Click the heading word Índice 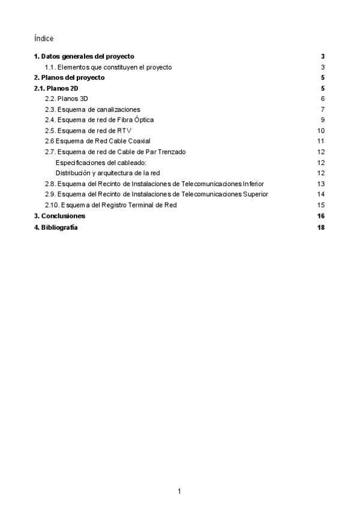pos(44,38)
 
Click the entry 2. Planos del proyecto pos(69,78)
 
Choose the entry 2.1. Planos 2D pos(56,89)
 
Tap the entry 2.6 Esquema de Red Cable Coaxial pos(97,142)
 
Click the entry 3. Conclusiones pos(59,216)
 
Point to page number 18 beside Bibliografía pos(321,227)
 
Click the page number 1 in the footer pos(179,492)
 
